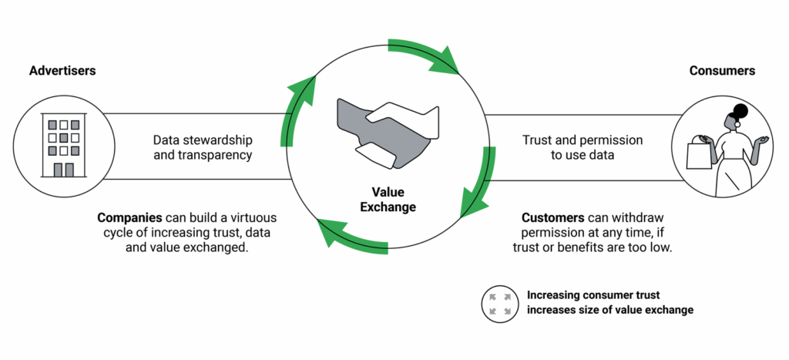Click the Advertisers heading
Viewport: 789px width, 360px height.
(62, 71)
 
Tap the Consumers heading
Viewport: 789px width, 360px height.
(721, 71)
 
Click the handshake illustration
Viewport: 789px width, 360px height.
(387, 132)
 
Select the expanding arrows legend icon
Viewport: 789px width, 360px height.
(497, 303)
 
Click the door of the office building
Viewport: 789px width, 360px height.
(64, 170)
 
